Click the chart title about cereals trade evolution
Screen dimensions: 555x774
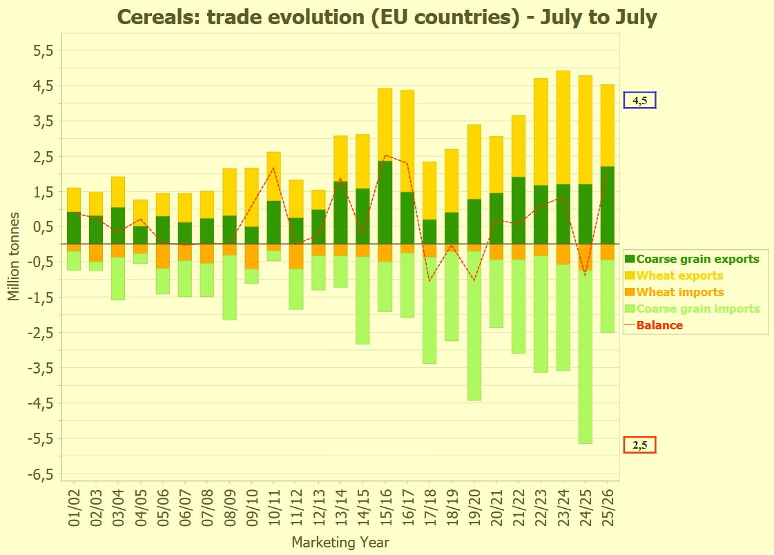[387, 17]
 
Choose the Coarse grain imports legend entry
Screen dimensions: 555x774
[697, 309]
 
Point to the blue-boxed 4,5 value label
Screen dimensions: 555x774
[639, 101]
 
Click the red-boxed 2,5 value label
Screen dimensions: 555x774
[639, 445]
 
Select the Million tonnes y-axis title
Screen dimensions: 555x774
[14, 256]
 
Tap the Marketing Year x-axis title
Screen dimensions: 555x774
[340, 543]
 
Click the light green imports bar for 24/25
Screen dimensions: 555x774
[586, 359]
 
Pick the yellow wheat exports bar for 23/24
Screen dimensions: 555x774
[563, 128]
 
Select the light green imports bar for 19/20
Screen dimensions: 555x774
[474, 324]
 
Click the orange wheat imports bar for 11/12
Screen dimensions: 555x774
[296, 256]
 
